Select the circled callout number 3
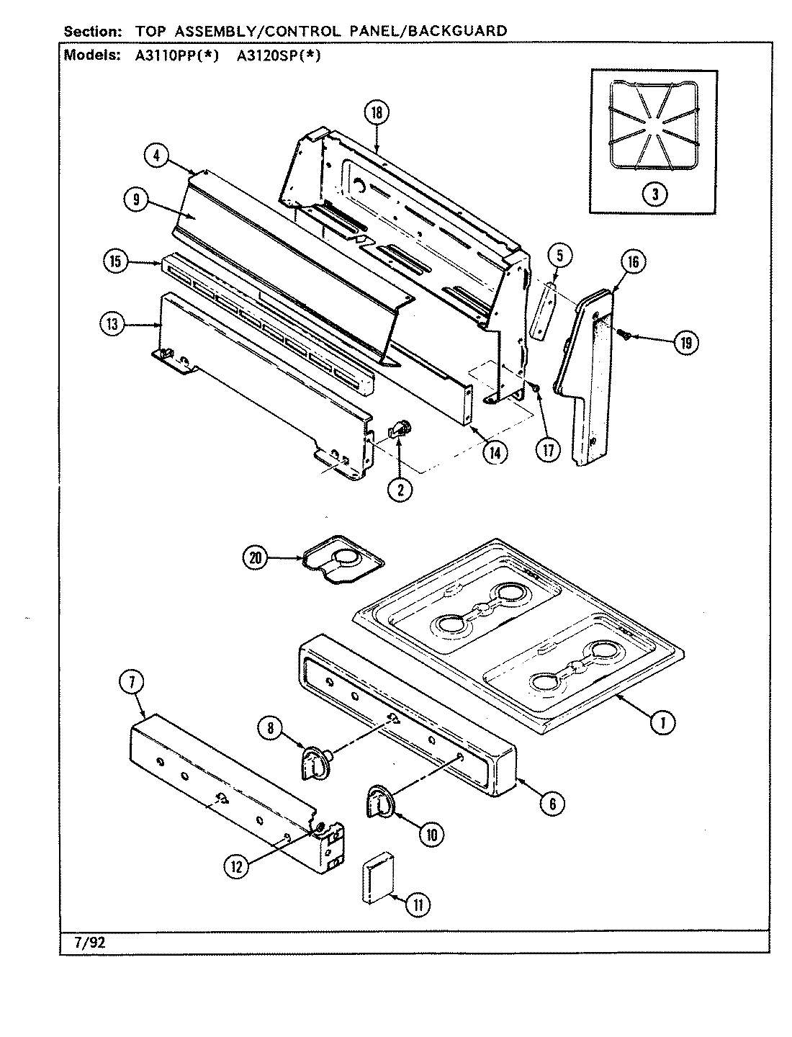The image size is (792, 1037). click(654, 193)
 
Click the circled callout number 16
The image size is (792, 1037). click(632, 262)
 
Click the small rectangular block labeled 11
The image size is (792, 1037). click(374, 878)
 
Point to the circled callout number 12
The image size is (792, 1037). click(236, 866)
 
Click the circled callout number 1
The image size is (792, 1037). click(662, 723)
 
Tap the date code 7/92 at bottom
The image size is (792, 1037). click(85, 941)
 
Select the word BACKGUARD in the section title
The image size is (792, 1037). click(460, 31)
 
